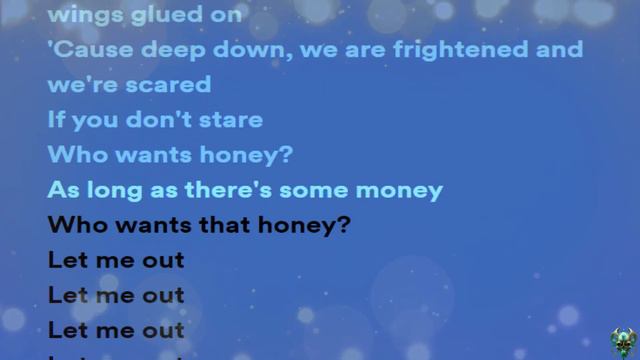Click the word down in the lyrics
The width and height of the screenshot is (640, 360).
click(227, 50)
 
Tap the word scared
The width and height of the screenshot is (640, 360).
click(176, 86)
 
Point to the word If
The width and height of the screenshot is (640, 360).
click(56, 120)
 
